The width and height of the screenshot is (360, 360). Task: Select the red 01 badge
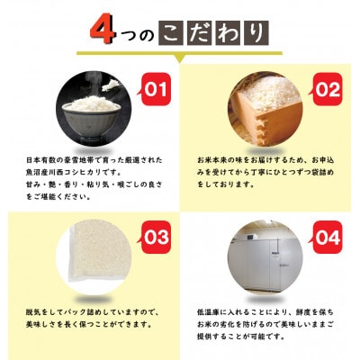156,91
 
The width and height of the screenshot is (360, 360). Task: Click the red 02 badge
327,91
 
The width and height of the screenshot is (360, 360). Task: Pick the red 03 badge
156,238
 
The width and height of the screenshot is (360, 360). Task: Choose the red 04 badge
327,238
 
